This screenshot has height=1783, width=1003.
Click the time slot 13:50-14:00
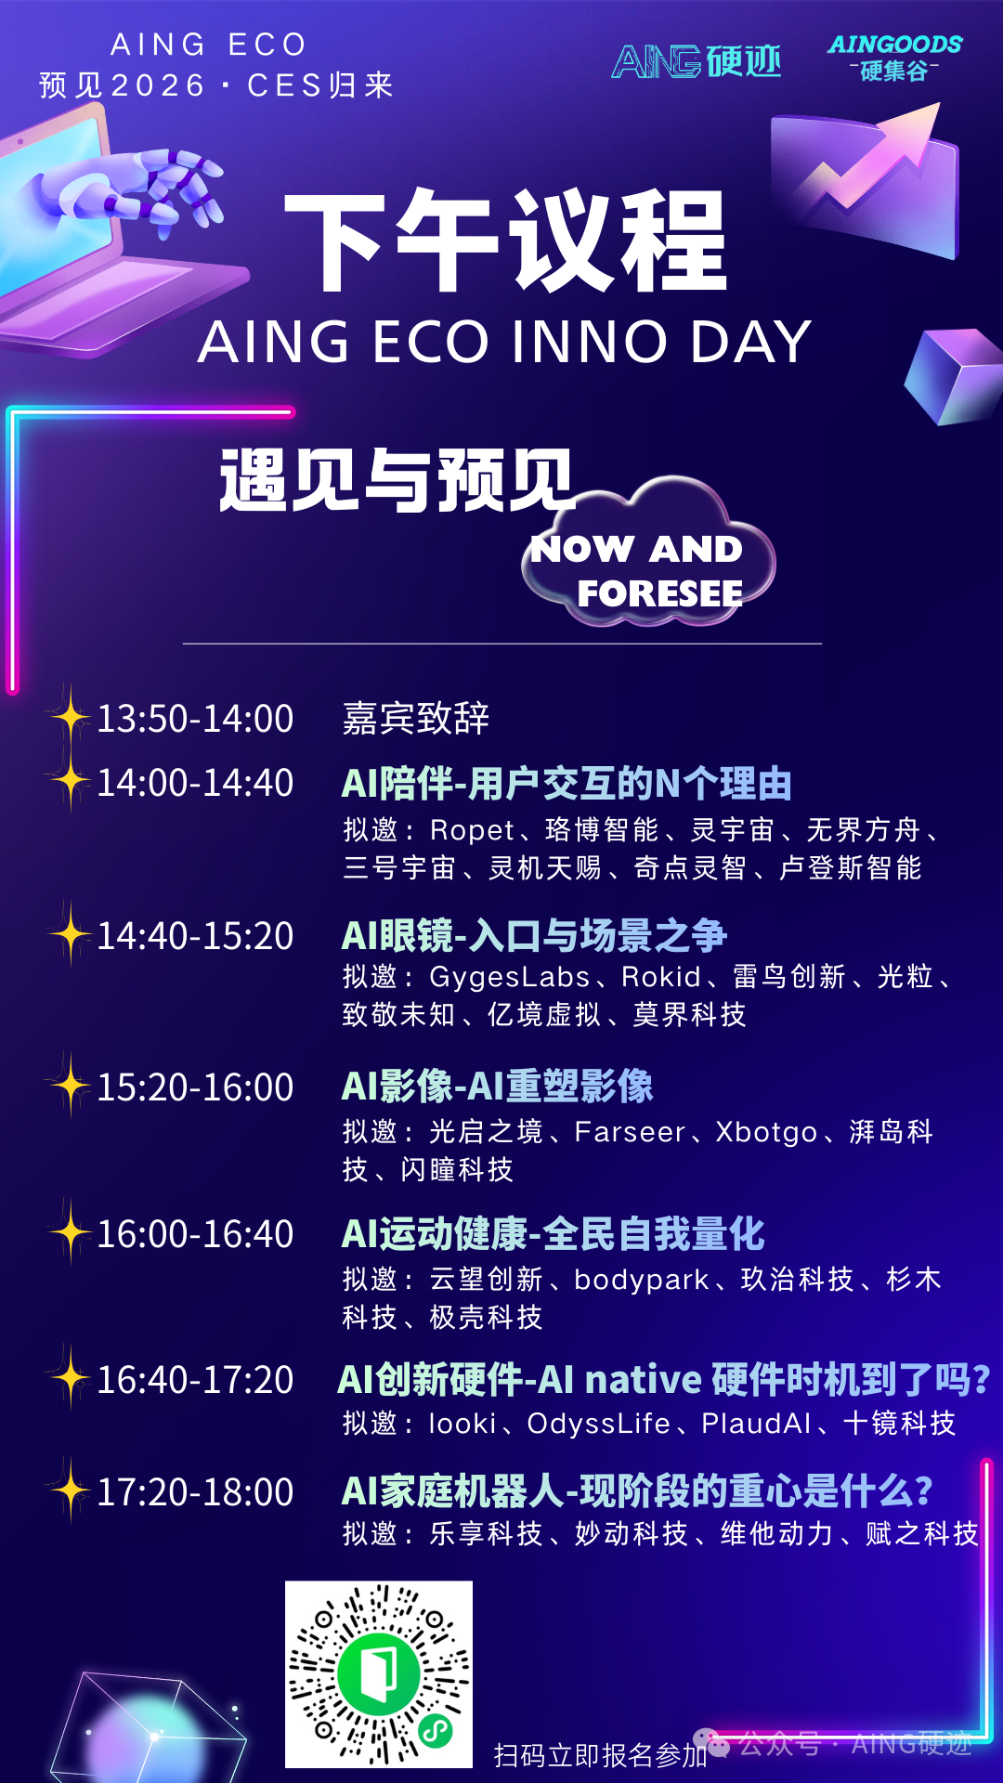coord(195,719)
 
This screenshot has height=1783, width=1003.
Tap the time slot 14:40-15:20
coord(195,936)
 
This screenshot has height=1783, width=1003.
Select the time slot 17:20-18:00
coord(195,1492)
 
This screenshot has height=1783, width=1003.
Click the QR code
coord(379,1674)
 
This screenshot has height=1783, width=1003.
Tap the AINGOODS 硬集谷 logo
coord(895,58)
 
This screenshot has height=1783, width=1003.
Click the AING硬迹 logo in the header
coord(697,61)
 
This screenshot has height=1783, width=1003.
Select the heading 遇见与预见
coord(397,480)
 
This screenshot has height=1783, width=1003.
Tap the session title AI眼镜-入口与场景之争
coord(534,935)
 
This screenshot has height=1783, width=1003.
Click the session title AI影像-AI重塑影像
coord(497,1087)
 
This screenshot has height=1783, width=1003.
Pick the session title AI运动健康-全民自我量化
coord(553,1234)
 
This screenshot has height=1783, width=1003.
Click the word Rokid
coord(661,977)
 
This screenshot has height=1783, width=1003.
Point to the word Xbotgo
coord(766,1133)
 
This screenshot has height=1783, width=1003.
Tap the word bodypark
coord(642,1281)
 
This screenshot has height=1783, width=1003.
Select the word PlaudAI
coord(756,1424)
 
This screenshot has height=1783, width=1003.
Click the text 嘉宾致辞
coord(415,719)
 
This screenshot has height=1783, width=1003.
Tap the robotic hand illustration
coord(139,190)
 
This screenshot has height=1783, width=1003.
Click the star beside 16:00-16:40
coord(69,1232)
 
